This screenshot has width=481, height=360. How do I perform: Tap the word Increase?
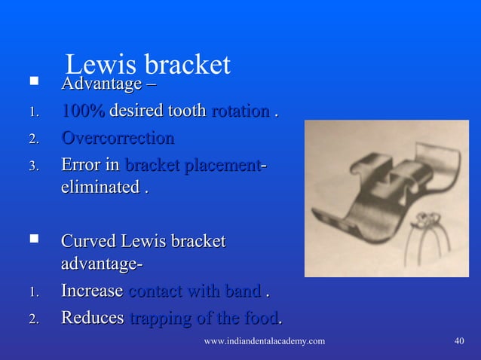92,291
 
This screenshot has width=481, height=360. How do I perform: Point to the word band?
245,291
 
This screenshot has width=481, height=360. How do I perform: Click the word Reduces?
92,319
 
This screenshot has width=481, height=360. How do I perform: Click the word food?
262,319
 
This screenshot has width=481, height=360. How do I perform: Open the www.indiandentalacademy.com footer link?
265,342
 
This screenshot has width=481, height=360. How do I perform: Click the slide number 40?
459,342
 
